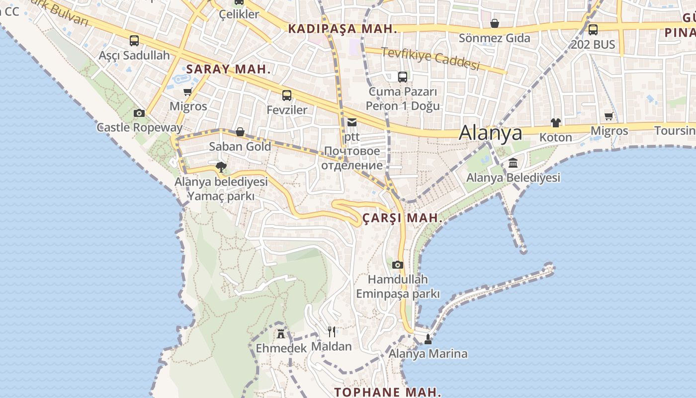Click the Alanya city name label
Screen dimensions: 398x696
[490, 133]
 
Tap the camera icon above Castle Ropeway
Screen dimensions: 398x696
[139, 113]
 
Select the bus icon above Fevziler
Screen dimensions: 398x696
[287, 96]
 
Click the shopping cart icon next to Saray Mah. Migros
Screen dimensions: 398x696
[188, 92]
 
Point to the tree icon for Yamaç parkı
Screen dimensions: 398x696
[221, 167]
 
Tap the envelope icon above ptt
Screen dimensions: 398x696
[352, 122]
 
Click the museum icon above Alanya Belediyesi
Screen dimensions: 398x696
[513, 163]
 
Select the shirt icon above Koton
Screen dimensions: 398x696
[555, 122]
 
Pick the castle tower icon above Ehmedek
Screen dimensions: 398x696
[281, 333]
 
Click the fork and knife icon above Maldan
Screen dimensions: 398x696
[332, 331]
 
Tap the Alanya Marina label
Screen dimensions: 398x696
[428, 354]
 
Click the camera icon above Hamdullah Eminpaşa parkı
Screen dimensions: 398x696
[397, 265]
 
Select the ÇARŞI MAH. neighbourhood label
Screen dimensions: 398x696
[402, 218]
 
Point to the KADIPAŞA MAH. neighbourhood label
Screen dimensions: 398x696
[343, 29]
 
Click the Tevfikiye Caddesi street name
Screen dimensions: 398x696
[430, 59]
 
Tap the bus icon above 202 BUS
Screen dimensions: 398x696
[593, 30]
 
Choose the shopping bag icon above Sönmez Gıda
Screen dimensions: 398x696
[495, 23]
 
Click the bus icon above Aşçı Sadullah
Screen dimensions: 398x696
[134, 41]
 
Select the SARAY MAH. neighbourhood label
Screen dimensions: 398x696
[228, 69]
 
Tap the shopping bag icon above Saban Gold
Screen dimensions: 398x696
[240, 132]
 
